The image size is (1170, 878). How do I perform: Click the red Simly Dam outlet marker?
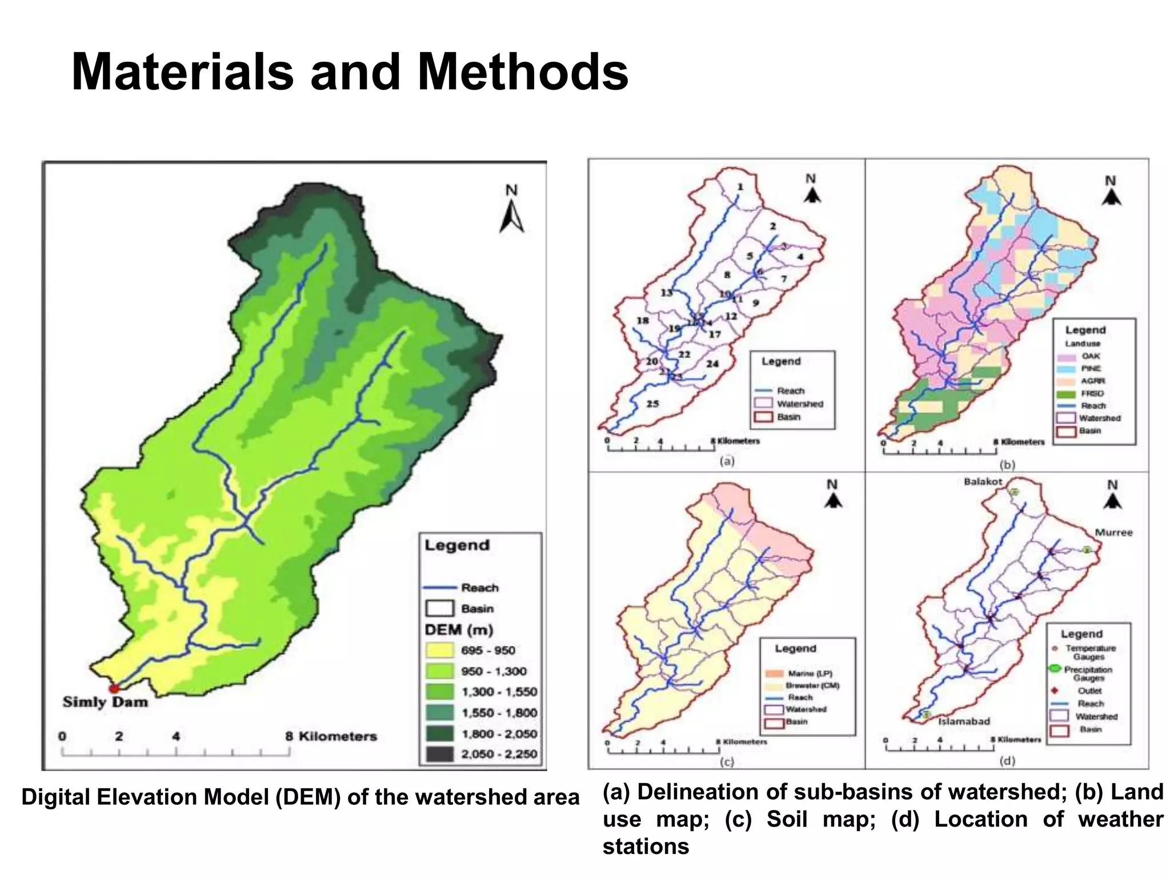tap(114, 688)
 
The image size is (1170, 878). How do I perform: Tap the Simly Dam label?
tap(105, 702)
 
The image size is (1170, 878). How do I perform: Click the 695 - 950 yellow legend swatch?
tap(439, 650)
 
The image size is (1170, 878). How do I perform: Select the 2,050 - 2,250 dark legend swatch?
tap(439, 755)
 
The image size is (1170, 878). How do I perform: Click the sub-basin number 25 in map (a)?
tap(652, 404)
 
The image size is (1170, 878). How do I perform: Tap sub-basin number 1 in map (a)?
tap(740, 187)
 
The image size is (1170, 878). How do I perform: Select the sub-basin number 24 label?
tap(712, 364)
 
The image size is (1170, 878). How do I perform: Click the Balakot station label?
tap(983, 482)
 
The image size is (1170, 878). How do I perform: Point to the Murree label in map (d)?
tap(1113, 533)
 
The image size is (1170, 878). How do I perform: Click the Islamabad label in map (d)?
tap(964, 721)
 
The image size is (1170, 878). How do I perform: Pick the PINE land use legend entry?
tap(1091, 369)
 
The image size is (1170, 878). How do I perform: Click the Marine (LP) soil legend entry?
tap(810, 673)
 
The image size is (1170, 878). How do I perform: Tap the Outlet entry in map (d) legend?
tap(1089, 691)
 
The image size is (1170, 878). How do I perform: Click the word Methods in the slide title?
tap(523, 73)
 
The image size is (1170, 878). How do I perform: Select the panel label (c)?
tap(726, 761)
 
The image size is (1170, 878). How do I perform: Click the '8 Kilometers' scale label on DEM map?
tap(331, 736)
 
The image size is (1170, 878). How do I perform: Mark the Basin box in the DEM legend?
tap(439, 609)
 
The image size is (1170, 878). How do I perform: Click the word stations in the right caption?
tap(646, 847)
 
